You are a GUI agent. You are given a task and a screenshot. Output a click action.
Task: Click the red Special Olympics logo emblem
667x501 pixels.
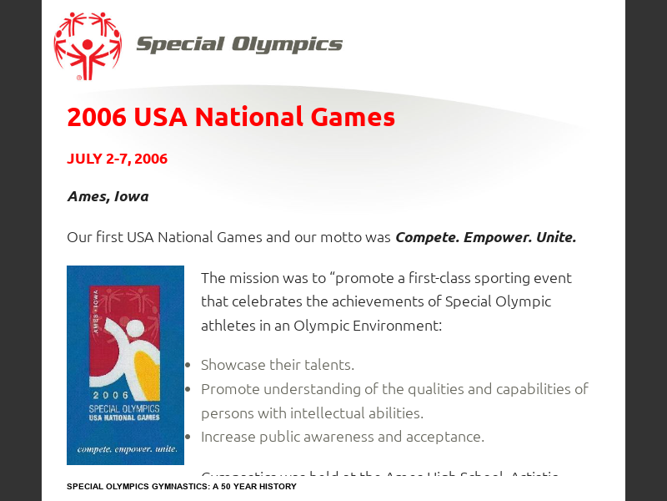87,45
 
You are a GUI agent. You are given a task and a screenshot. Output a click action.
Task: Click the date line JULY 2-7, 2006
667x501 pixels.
117,159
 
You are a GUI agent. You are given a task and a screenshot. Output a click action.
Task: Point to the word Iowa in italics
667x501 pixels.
132,197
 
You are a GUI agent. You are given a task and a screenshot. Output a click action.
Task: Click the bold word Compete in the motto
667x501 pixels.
426,237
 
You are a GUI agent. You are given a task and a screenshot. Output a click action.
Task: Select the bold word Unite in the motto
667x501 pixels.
555,237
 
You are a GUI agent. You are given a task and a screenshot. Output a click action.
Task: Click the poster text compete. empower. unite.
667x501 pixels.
126,449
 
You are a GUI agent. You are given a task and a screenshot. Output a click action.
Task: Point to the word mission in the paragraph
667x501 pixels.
255,278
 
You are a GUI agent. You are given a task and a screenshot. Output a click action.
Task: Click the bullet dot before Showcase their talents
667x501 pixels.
188,366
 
